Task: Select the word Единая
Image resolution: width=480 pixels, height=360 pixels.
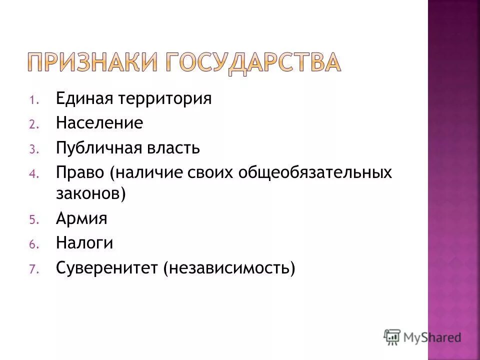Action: (83, 98)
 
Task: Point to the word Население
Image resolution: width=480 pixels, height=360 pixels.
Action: (99, 123)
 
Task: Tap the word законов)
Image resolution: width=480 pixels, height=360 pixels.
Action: (90, 193)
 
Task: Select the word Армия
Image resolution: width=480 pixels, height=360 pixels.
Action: (82, 218)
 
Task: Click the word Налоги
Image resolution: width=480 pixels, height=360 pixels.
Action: (84, 243)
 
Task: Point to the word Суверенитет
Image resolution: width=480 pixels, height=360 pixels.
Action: (104, 268)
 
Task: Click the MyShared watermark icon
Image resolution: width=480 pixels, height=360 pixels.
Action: (392, 337)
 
